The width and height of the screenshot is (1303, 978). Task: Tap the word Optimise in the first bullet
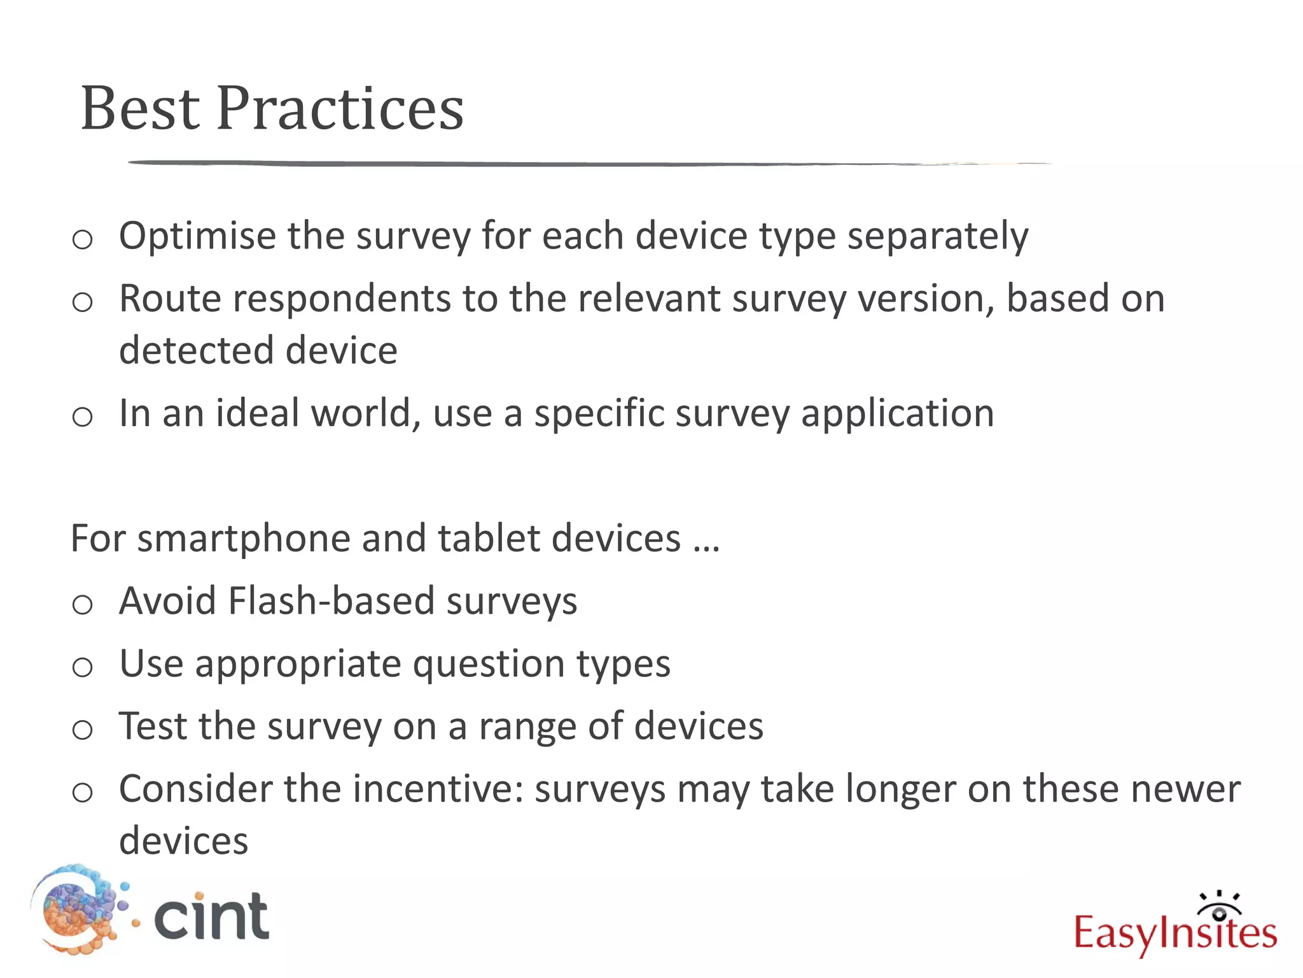click(x=197, y=237)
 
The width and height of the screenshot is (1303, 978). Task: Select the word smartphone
click(x=243, y=539)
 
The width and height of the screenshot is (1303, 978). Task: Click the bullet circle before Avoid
click(x=82, y=604)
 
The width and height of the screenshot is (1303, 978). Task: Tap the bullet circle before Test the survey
click(x=82, y=730)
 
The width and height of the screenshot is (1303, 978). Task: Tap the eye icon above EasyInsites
click(x=1219, y=907)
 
